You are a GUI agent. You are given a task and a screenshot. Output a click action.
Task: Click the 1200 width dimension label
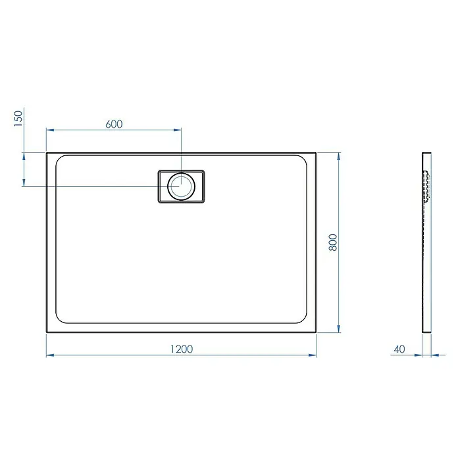tap(182, 349)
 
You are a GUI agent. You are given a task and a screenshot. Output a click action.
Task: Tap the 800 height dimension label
tap(333, 242)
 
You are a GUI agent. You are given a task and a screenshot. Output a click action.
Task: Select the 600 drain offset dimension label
tap(114, 124)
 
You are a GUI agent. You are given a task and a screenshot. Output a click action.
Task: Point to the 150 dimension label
tap(18, 118)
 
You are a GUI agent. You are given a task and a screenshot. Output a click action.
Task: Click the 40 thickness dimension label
tap(399, 349)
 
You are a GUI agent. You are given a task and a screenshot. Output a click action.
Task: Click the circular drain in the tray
tap(181, 186)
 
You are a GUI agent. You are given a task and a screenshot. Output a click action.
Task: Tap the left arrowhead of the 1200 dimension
tap(50, 355)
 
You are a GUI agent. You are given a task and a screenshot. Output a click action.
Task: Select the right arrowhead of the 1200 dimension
tap(313, 355)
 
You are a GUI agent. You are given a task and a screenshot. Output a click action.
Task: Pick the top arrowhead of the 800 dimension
tap(338, 156)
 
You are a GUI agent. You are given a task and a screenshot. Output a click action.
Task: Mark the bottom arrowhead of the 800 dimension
tap(338, 328)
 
